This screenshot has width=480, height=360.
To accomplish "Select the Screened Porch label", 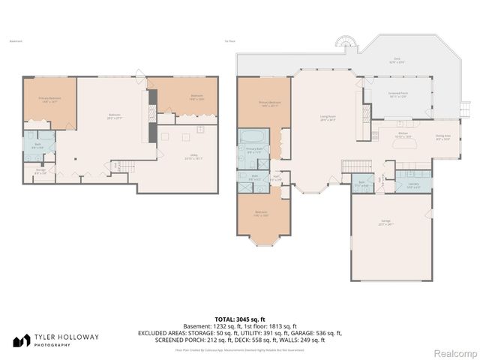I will tap(397, 95).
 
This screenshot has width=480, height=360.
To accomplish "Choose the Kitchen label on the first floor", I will tap(402, 136).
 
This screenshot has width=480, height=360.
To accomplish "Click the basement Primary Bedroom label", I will tap(49, 100).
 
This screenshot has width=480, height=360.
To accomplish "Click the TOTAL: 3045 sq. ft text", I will tap(239, 319).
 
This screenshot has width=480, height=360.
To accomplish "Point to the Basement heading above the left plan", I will tap(14, 41).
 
